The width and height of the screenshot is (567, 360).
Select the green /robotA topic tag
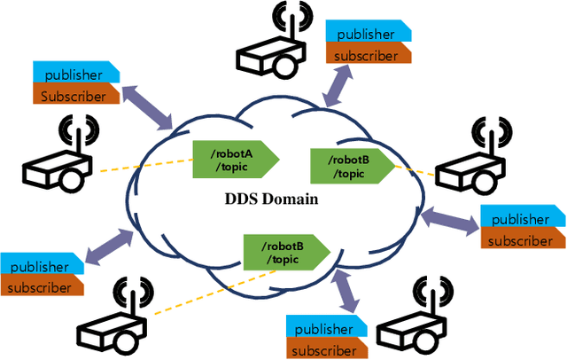[236, 160]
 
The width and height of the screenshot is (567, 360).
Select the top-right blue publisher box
[367, 35]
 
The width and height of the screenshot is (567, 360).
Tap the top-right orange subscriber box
[367, 54]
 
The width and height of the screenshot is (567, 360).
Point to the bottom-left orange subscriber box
[42, 286]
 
